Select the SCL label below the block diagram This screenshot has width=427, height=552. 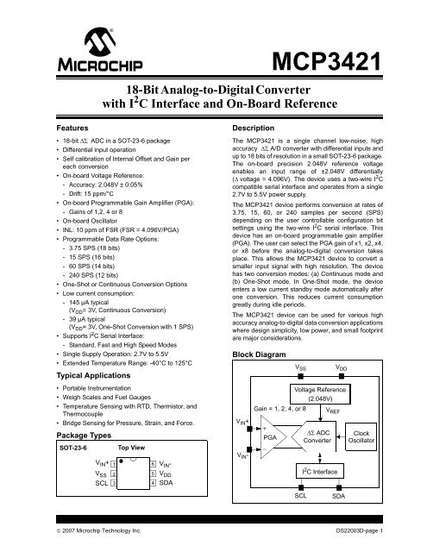pyautogui.click(x=302, y=497)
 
